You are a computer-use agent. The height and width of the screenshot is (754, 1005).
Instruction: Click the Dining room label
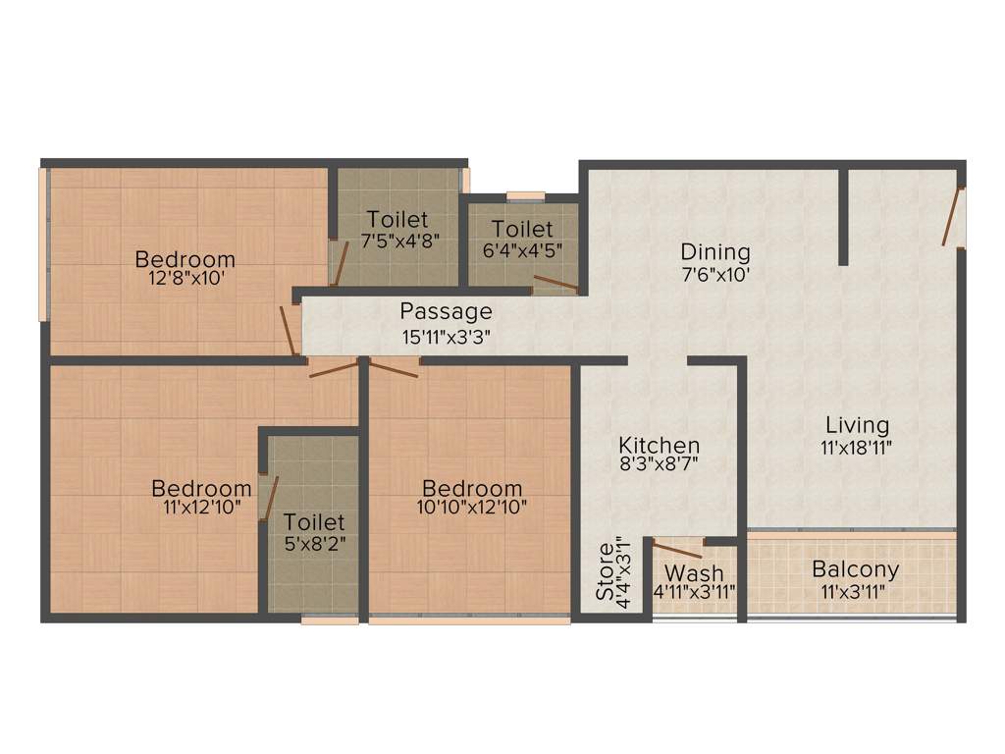715,252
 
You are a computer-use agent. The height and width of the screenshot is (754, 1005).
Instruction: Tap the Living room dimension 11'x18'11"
857,447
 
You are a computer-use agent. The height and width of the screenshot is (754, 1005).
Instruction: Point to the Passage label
446,312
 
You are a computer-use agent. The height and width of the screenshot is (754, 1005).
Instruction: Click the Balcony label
855,569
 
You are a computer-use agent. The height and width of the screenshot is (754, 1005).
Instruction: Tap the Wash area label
694,572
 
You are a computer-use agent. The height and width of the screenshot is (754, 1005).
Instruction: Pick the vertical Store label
607,571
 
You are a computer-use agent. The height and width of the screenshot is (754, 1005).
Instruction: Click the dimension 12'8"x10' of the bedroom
185,279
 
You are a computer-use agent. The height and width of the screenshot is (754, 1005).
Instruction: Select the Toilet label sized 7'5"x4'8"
397,219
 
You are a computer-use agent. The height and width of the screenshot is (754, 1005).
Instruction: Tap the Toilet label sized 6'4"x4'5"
522,230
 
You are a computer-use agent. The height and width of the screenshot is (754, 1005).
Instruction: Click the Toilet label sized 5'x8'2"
314,521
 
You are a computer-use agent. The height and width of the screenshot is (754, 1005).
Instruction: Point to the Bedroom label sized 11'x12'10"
201,488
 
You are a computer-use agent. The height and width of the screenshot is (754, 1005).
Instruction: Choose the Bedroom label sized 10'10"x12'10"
472,488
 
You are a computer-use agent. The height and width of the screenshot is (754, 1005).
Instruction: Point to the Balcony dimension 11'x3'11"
855,591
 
